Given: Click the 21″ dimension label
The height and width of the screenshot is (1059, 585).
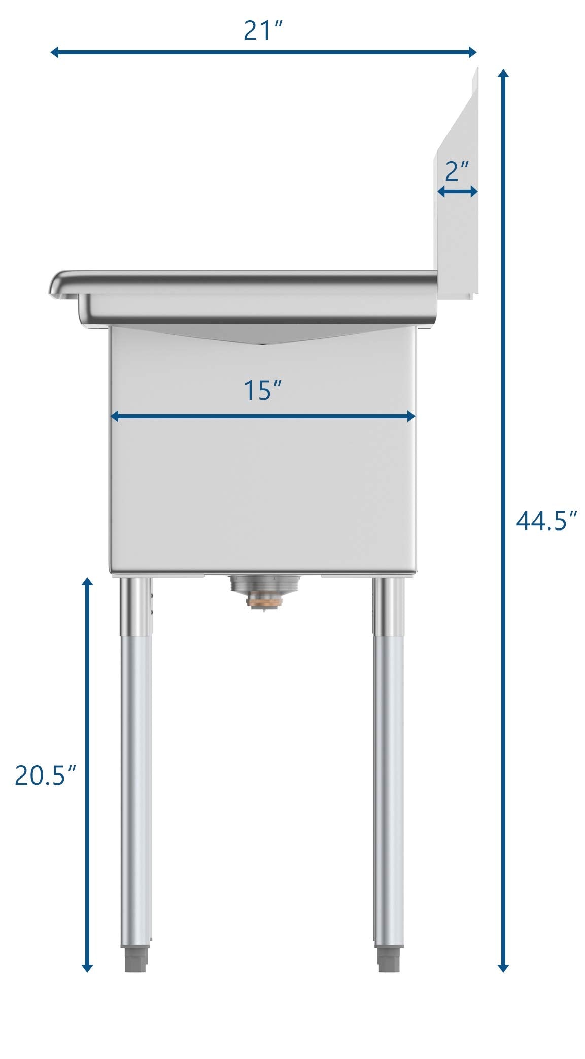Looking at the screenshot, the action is [262, 30].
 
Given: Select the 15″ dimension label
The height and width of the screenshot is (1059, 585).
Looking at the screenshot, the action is [262, 390].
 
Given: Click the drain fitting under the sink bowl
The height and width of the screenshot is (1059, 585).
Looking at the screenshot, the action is [264, 591].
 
